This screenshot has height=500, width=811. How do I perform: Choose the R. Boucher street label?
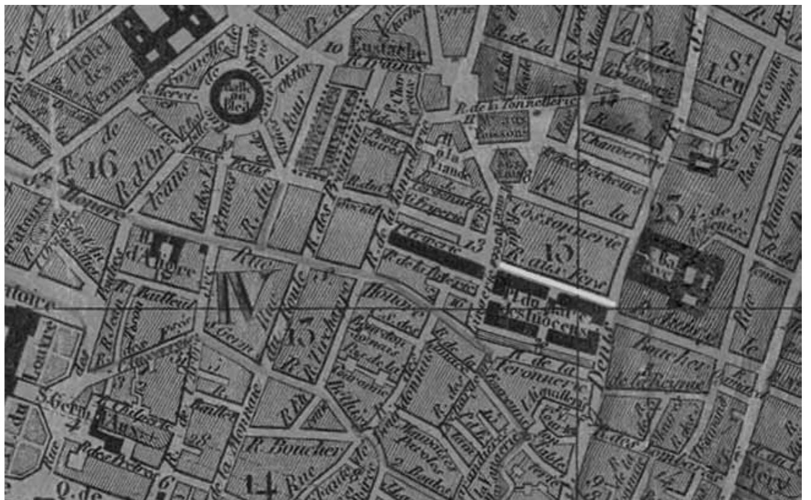296,450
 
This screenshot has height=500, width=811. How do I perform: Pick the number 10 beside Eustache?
335,47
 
